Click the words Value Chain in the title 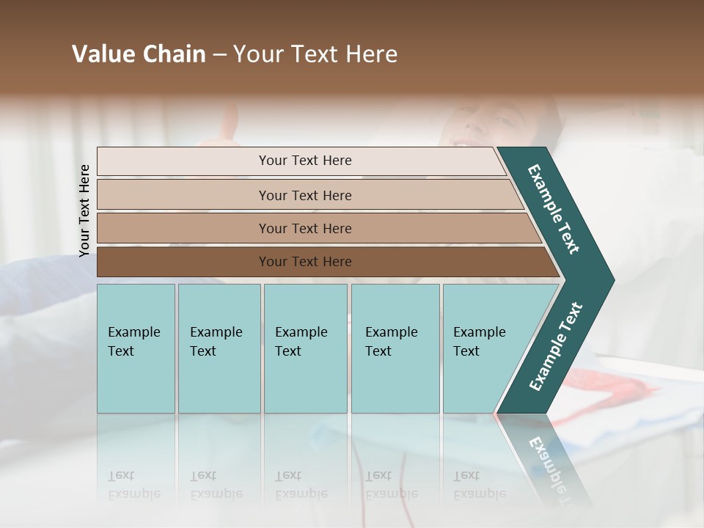139,54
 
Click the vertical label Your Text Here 85,210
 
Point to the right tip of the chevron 610,281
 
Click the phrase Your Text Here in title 315,54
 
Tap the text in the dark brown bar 305,262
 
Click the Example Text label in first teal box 133,342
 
